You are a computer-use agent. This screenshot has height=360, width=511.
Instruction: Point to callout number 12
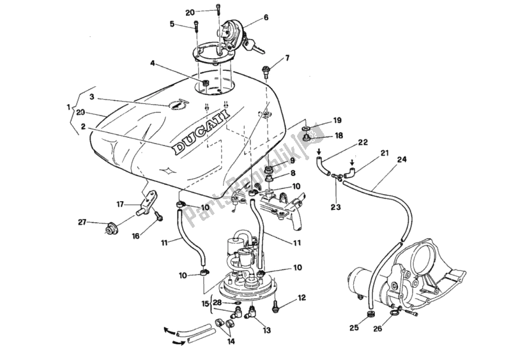click(302, 297)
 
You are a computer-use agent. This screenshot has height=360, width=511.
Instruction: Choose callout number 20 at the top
click(172, 12)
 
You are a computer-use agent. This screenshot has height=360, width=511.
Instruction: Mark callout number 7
click(287, 58)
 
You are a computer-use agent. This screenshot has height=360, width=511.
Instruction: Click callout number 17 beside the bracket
click(119, 204)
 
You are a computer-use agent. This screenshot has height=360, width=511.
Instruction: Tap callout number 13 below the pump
click(267, 330)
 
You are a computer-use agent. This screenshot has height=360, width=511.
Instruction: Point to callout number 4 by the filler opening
click(153, 63)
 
